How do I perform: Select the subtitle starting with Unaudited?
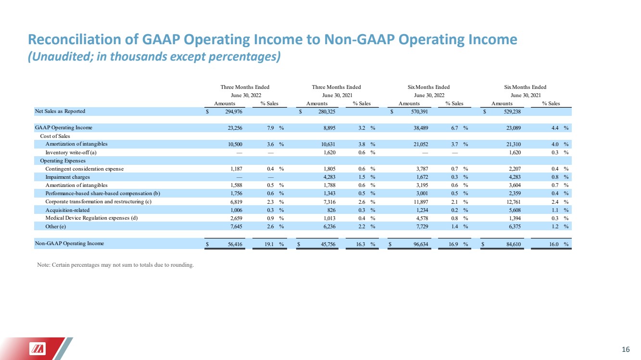coord(154,56)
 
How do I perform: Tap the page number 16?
coord(626,349)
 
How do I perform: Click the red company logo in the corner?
coord(38,349)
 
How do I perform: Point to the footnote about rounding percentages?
coord(115,265)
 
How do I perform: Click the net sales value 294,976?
coord(234,112)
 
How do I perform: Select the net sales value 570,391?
coord(419,112)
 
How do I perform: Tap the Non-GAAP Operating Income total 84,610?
coord(514,244)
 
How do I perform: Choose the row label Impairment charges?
coord(67,177)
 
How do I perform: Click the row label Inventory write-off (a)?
coord(71,152)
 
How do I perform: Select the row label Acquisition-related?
coord(67,210)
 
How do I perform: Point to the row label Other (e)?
coord(55,226)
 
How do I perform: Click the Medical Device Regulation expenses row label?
coord(91,218)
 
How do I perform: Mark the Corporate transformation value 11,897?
coord(421,202)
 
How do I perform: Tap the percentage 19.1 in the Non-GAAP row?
coord(269,244)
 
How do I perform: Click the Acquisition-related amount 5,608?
coord(515,210)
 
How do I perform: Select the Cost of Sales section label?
coord(55,136)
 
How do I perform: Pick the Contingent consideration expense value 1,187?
coord(237,169)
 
